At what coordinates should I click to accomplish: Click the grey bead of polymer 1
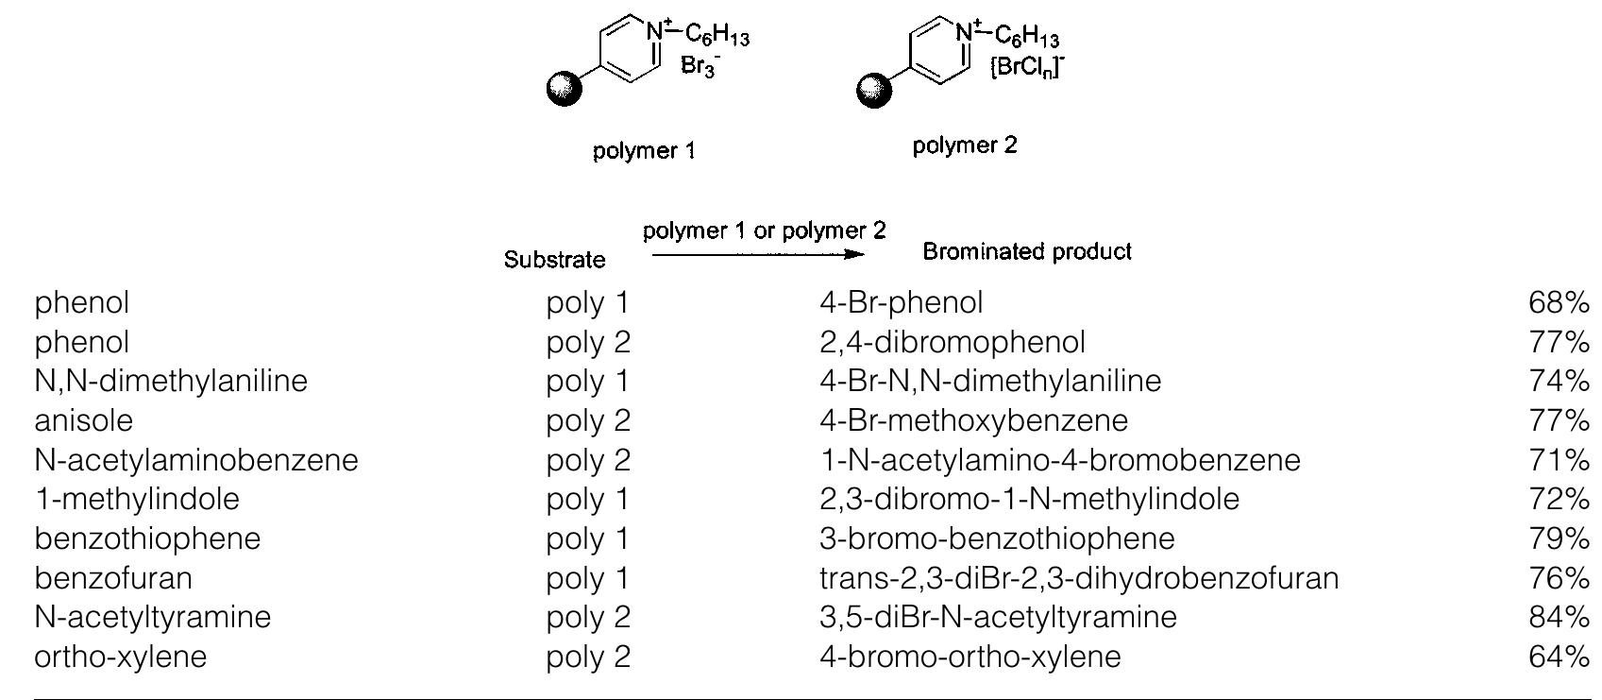click(565, 89)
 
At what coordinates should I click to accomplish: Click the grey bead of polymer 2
click(874, 90)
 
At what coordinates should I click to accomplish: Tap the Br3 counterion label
click(700, 66)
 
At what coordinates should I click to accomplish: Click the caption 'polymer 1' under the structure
click(644, 151)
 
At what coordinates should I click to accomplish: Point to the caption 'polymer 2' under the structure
click(964, 146)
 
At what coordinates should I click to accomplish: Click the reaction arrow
click(758, 254)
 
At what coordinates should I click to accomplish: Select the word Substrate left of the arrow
click(554, 259)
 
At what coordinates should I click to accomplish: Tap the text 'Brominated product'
click(1027, 251)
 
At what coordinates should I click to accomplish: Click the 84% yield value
click(1560, 617)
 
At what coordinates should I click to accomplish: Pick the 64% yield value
click(1560, 657)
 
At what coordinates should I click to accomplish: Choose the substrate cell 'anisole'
click(84, 420)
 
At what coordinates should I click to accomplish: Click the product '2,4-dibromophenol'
click(953, 342)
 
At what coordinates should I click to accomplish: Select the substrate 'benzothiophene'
click(147, 538)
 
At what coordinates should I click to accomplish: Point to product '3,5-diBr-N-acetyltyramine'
click(999, 617)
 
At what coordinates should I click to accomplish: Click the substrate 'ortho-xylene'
click(120, 657)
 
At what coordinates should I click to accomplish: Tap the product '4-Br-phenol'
click(902, 302)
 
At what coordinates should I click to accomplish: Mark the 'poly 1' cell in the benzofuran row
click(588, 578)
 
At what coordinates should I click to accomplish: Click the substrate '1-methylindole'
click(137, 499)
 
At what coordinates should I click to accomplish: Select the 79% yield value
click(1560, 538)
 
